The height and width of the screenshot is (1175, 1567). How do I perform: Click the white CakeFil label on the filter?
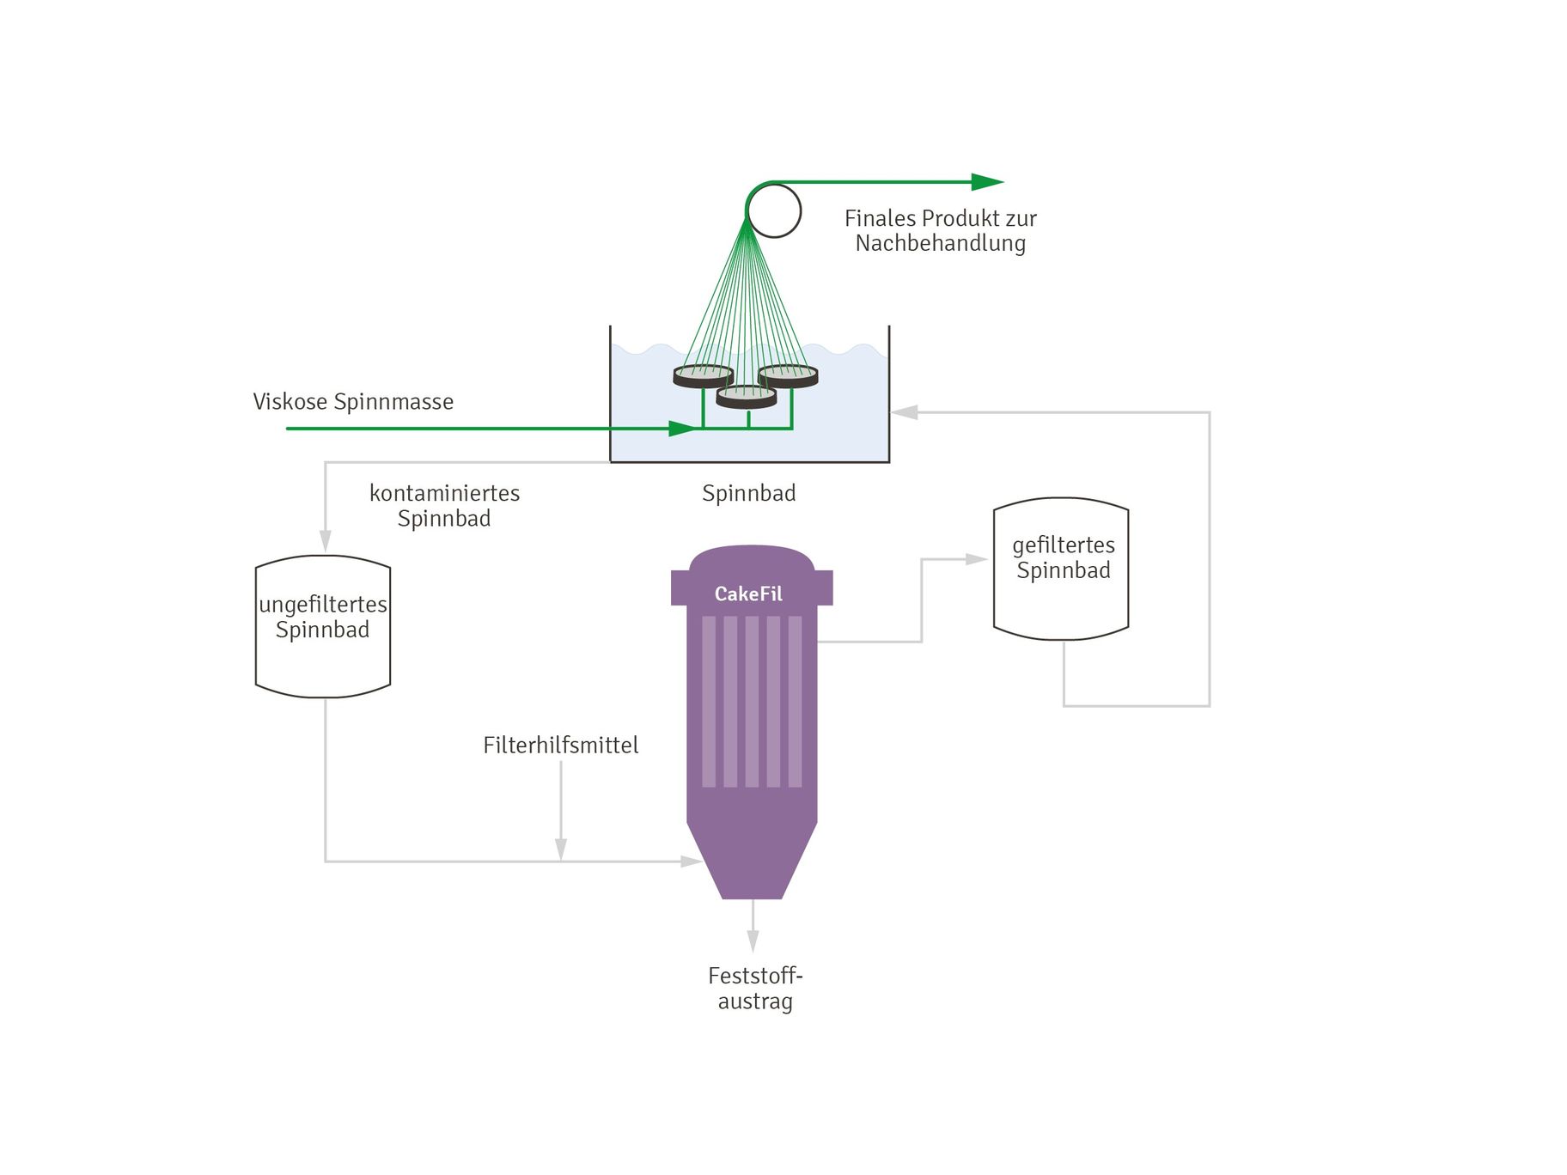pyautogui.click(x=748, y=594)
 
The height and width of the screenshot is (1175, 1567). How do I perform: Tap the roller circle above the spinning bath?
pyautogui.click(x=773, y=210)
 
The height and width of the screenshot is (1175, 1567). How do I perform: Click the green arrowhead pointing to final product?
pyautogui.click(x=986, y=182)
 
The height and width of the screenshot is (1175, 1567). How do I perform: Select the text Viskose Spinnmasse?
pyautogui.click(x=353, y=401)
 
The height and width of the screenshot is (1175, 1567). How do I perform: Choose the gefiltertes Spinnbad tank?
pyautogui.click(x=1061, y=569)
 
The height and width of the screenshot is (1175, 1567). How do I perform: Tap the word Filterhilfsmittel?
pyautogui.click(x=560, y=745)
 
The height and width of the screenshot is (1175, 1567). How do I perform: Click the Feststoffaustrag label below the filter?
pyautogui.click(x=755, y=988)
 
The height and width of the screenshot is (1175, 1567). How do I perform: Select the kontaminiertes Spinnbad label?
pyautogui.click(x=444, y=505)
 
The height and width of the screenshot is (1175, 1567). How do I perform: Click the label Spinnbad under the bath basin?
pyautogui.click(x=748, y=493)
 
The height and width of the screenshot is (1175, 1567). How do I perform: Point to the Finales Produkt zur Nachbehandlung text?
pyautogui.click(x=940, y=230)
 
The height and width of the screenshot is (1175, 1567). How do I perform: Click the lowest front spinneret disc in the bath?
pyautogui.click(x=747, y=396)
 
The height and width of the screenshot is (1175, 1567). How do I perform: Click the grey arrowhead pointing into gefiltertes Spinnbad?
pyautogui.click(x=976, y=559)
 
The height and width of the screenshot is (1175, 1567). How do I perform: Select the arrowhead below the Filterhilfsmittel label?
pyautogui.click(x=561, y=849)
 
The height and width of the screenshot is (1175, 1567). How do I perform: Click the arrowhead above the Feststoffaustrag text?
pyautogui.click(x=753, y=941)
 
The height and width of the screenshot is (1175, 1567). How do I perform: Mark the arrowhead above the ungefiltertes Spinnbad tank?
pyautogui.click(x=326, y=540)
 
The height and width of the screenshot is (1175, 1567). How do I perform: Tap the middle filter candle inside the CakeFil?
pyautogui.click(x=752, y=701)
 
